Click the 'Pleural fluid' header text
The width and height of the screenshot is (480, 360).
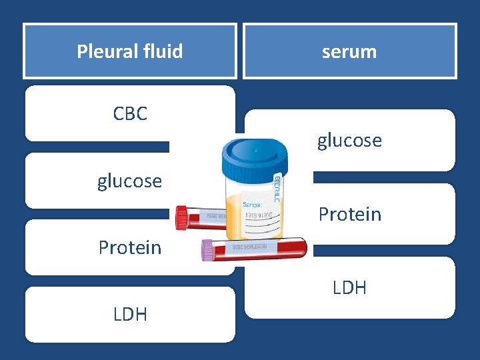pos(129,51)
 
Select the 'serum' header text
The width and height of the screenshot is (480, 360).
pos(349,51)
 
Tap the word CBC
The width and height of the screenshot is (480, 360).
pos(130,114)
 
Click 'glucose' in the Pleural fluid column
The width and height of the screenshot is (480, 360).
pos(129,181)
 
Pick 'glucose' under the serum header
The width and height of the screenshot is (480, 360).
pos(349,141)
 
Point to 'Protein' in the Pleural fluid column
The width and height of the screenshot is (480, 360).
pos(129,247)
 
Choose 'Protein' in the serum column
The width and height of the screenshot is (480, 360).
pos(349,214)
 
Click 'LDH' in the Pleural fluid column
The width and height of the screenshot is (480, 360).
pos(130,314)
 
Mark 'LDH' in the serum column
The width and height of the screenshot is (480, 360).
pos(349,287)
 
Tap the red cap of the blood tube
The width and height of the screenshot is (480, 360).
pos(182,217)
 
